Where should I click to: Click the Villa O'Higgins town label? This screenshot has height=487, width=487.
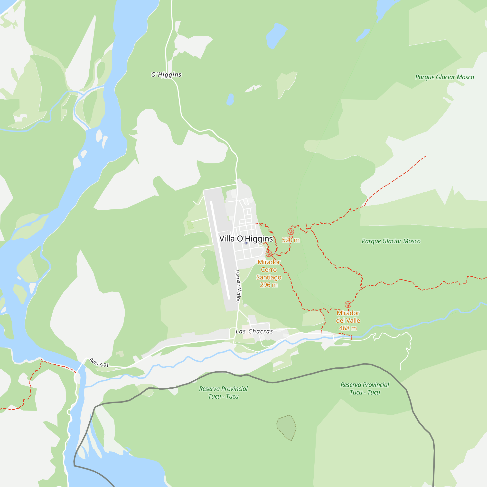coord(246,238)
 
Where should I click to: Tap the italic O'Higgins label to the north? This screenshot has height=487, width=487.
coord(166,75)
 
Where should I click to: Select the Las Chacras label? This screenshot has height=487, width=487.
coord(254,331)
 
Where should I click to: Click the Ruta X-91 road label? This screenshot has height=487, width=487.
coord(99,363)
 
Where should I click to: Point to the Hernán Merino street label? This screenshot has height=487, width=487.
coord(238,286)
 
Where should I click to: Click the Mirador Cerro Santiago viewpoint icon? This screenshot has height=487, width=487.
coord(269,253)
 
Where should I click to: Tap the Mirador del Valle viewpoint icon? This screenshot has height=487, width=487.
coord(348,305)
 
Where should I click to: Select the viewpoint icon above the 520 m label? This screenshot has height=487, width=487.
coord(291,231)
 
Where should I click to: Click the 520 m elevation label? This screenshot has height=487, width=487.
coord(291,240)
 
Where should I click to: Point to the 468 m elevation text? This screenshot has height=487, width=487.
coord(348,328)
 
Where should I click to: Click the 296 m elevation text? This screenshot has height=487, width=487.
coord(269,285)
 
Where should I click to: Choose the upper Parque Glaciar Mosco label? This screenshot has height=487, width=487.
coord(444,77)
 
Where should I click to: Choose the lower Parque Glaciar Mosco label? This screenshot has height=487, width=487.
coord(391,241)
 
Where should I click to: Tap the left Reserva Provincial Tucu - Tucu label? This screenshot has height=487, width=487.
coord(223,393)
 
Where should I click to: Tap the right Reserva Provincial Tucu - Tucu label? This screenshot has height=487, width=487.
coord(365,388)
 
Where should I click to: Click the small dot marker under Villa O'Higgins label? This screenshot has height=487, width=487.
coord(246,243)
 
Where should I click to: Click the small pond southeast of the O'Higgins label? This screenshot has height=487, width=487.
coord(230,99)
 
